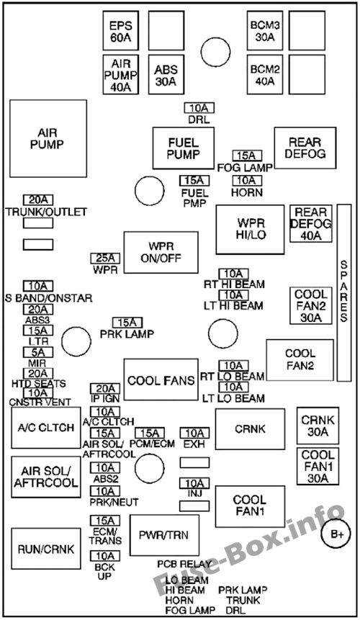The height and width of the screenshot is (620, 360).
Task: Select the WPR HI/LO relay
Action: tap(249, 228)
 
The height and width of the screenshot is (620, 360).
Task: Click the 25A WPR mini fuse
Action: tap(104, 258)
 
